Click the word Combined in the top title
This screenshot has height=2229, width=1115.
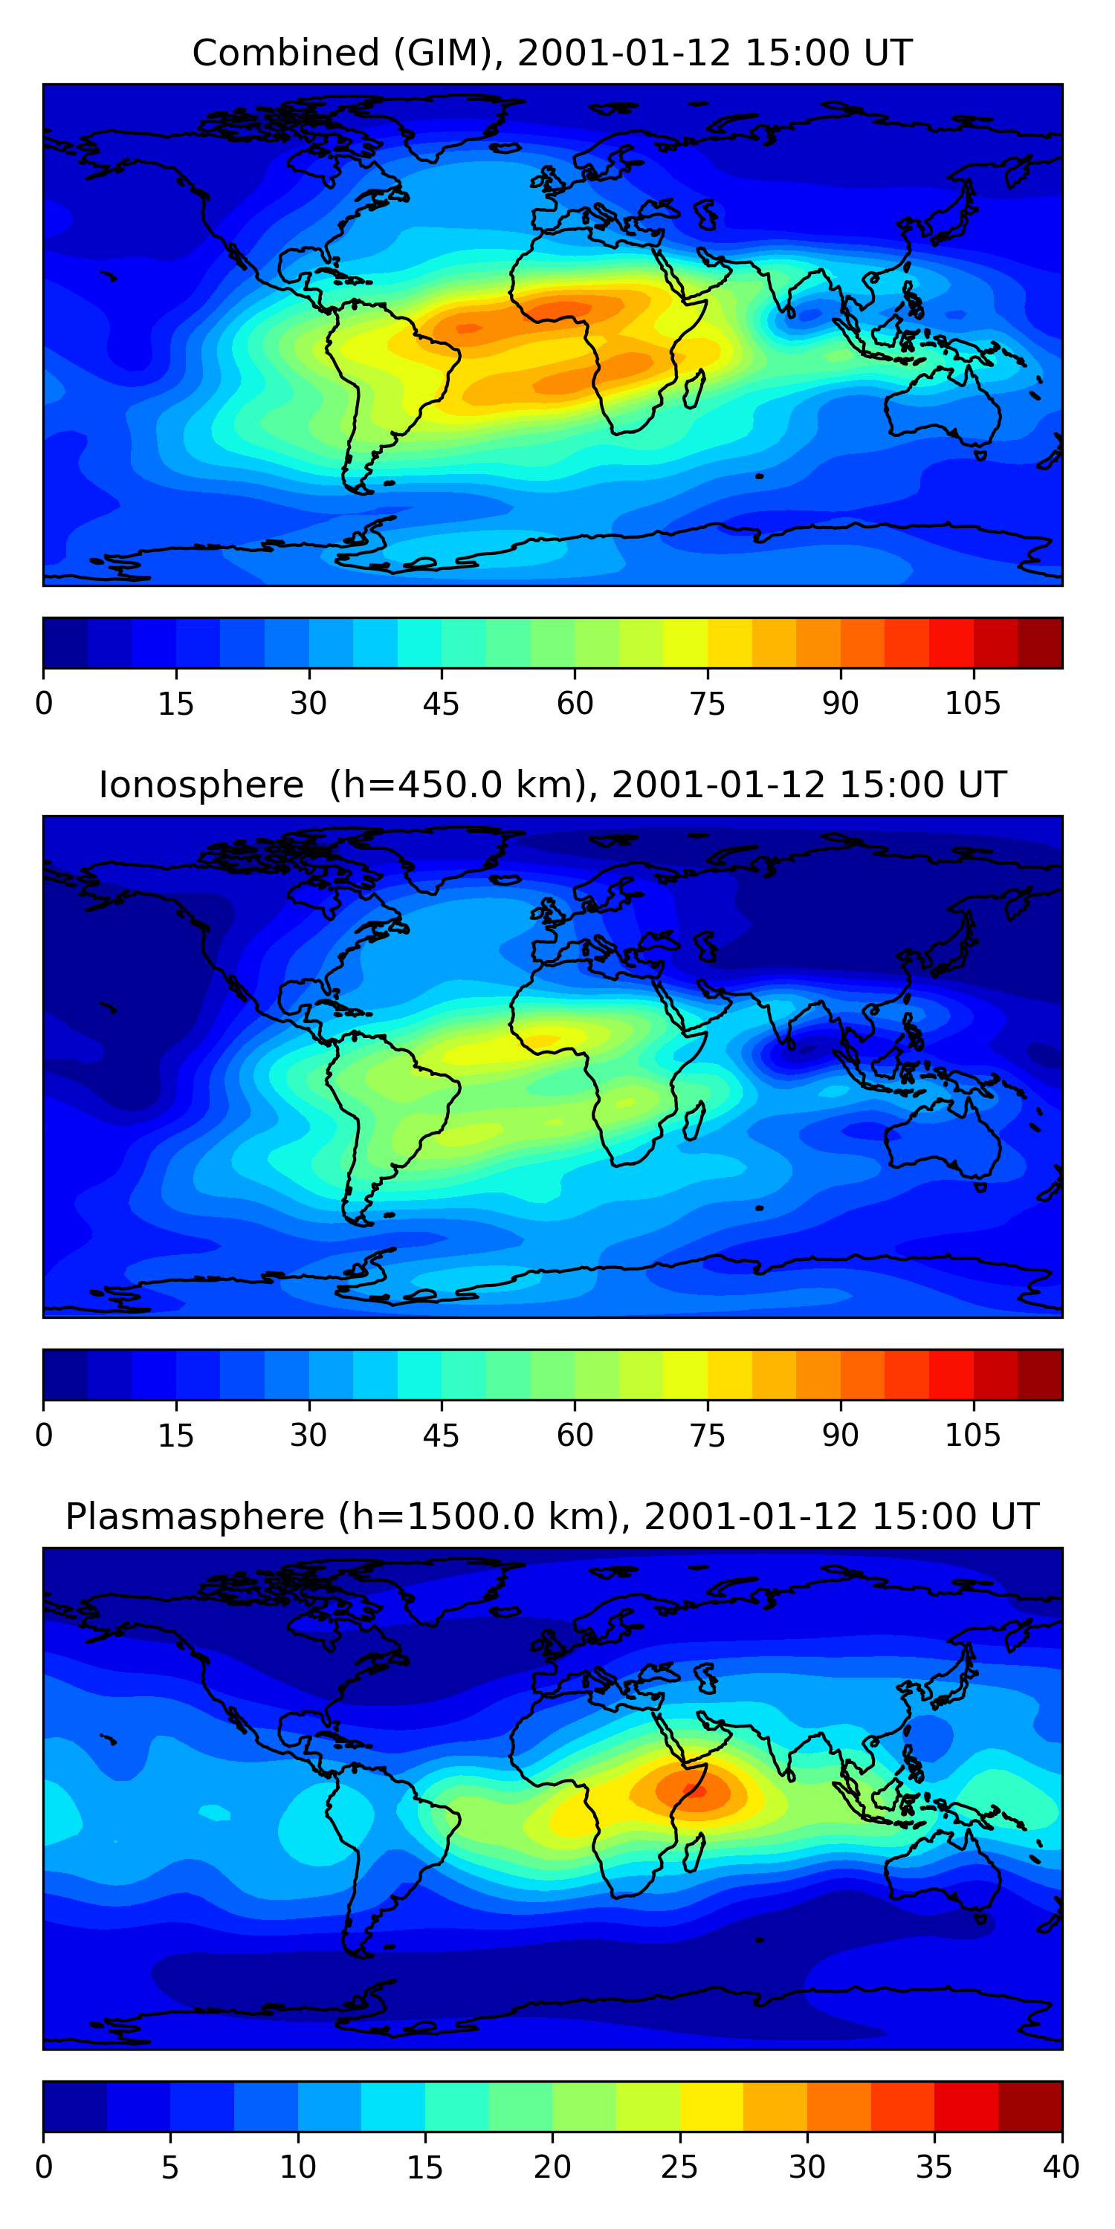(285, 53)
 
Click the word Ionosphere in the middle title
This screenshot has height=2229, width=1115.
(201, 785)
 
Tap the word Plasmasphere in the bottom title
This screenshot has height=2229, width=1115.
(194, 1517)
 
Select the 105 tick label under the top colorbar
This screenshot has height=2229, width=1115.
(972, 704)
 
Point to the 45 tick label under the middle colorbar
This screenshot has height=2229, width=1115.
(441, 1435)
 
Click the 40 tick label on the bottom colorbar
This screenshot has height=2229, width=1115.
(1061, 2167)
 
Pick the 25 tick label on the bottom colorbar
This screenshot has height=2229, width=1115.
(679, 2167)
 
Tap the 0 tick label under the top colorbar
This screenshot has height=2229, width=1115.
(44, 704)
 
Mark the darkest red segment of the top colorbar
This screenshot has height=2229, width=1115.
(1040, 643)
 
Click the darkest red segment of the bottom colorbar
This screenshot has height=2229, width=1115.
(1030, 2106)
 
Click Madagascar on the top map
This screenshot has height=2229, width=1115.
(694, 389)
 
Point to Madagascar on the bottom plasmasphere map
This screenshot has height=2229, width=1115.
(694, 1852)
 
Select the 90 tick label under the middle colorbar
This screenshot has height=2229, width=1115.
(840, 1435)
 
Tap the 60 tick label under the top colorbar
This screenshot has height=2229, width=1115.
(575, 704)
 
